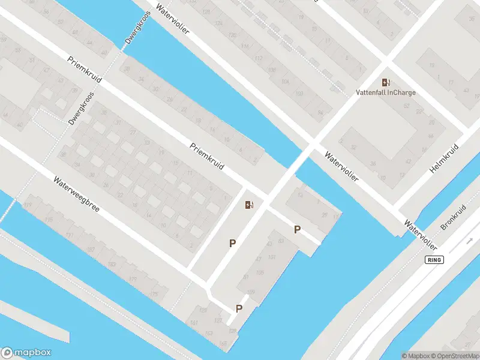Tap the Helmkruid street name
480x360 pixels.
point(444,159)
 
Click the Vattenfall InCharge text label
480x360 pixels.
point(386,92)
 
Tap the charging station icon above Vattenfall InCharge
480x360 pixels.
point(386,82)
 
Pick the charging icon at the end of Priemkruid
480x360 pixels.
point(250,205)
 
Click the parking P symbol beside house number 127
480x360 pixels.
point(239,309)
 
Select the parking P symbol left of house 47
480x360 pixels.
point(232,244)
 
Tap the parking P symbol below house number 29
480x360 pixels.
point(297,230)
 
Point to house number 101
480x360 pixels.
point(271,257)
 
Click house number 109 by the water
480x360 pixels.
point(250,292)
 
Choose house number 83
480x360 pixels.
point(280,241)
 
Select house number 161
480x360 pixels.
point(194,323)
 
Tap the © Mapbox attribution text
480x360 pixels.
point(415,356)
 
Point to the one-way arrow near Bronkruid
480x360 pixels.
point(470,241)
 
